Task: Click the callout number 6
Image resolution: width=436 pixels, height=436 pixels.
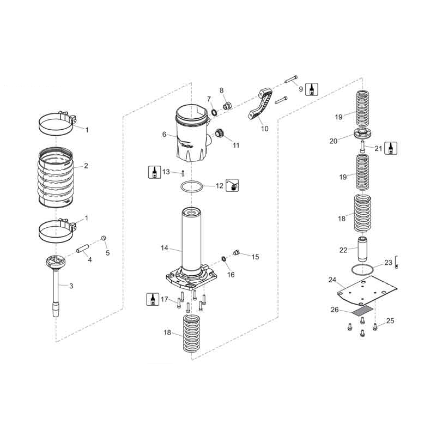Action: [164, 134]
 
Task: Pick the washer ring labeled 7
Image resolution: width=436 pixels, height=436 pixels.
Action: [214, 112]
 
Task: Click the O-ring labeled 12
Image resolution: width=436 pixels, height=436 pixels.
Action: [192, 186]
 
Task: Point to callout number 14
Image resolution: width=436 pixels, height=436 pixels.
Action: [164, 248]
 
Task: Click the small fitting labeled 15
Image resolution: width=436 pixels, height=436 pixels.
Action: [237, 252]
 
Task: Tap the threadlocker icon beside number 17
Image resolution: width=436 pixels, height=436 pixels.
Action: [153, 299]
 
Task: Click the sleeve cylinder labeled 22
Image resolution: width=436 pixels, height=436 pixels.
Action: [361, 248]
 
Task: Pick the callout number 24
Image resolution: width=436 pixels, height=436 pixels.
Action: [332, 280]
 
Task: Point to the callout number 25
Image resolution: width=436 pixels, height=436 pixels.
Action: [390, 322]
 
